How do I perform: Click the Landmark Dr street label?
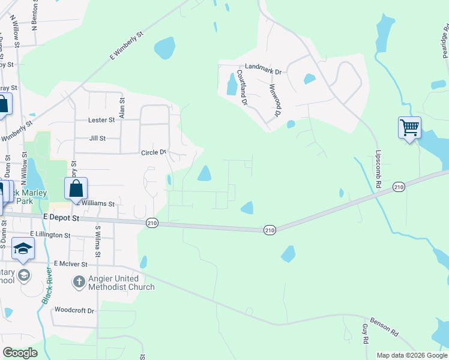point(263,71)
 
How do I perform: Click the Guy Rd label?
point(365,334)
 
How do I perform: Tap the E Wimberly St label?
point(127,46)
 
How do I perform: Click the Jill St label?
point(97,138)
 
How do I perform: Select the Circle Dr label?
point(153,152)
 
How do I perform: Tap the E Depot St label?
point(61,219)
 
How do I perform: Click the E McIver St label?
point(70,263)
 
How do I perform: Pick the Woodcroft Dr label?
point(74,310)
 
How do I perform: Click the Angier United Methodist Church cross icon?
point(79,281)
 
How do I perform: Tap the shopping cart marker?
point(409,127)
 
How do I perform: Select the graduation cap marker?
point(23,249)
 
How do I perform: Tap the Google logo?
point(20,353)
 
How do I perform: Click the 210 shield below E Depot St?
point(151,223)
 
